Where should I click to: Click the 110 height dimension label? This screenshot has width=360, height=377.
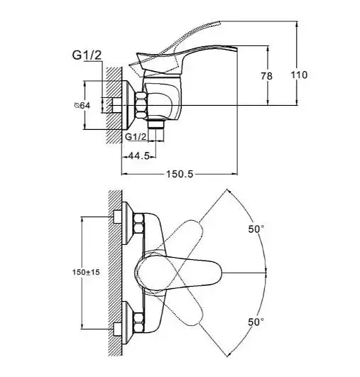[299, 75]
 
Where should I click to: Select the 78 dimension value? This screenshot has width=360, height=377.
[267, 76]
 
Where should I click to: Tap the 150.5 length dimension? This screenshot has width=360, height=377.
[180, 174]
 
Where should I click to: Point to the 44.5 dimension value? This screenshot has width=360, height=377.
[138, 156]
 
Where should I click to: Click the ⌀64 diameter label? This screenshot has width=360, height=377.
[82, 105]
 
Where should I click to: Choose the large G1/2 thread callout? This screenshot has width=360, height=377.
[87, 55]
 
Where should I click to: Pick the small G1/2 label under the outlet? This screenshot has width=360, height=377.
[136, 137]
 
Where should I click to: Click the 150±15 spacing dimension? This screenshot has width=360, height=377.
[86, 273]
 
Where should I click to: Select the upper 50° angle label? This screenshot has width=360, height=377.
[256, 229]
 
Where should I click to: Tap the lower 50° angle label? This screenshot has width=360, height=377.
[256, 322]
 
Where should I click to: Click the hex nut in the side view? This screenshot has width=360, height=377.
[141, 105]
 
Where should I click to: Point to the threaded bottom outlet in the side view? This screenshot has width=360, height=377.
[156, 125]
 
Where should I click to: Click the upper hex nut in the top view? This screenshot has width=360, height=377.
[139, 224]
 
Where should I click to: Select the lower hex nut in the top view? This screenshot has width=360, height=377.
[139, 322]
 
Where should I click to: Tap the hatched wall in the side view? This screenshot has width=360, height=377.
[114, 105]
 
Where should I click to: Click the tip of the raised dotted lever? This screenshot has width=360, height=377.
[219, 22]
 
